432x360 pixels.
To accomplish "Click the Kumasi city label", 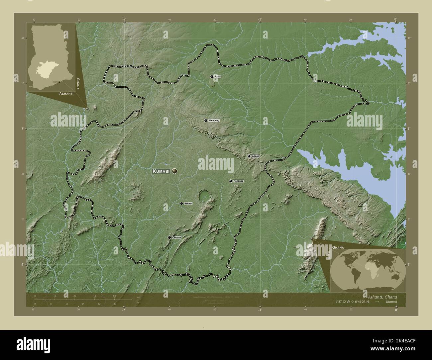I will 161,171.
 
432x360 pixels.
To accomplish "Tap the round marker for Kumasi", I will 174,171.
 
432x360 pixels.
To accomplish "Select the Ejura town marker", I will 212,77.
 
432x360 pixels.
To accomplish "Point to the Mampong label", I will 214,120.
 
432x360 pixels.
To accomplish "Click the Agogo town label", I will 255,156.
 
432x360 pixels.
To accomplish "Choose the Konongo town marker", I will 231,181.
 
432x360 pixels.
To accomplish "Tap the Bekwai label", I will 188,203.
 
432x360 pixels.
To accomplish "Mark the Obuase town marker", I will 169,237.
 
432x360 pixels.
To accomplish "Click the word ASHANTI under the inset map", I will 66,94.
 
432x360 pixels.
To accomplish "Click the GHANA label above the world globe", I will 338,248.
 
